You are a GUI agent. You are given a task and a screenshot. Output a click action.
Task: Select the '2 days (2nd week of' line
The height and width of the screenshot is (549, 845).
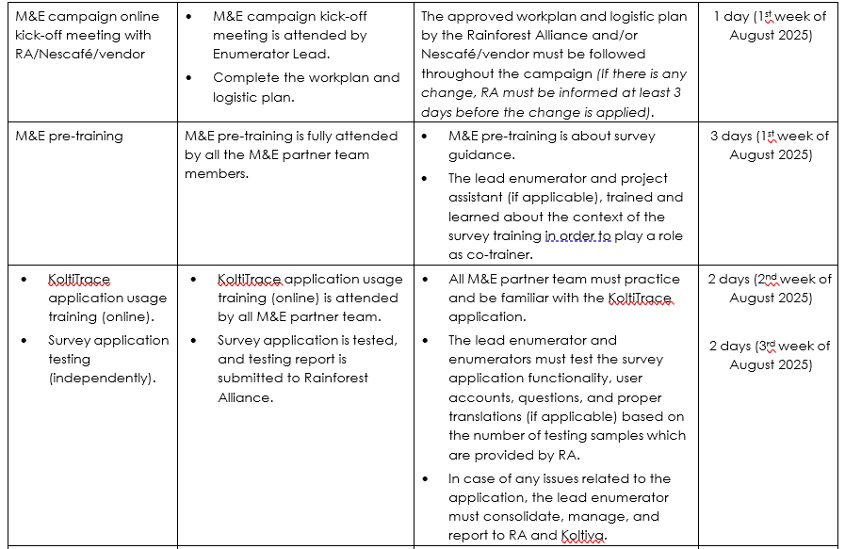[770, 279]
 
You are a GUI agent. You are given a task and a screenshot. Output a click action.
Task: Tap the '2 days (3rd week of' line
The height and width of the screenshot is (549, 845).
[770, 346]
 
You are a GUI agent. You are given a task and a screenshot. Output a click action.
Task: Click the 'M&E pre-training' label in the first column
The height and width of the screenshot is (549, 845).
[70, 136]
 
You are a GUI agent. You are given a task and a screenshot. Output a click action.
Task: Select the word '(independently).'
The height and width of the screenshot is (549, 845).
[103, 379]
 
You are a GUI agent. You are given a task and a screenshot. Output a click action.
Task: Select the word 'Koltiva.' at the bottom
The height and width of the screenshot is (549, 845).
[583, 536]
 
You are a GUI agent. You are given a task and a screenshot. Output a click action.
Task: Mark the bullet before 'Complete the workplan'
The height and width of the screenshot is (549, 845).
[191, 78]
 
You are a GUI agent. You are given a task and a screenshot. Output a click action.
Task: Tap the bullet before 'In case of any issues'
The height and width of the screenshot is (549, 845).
[429, 479]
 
